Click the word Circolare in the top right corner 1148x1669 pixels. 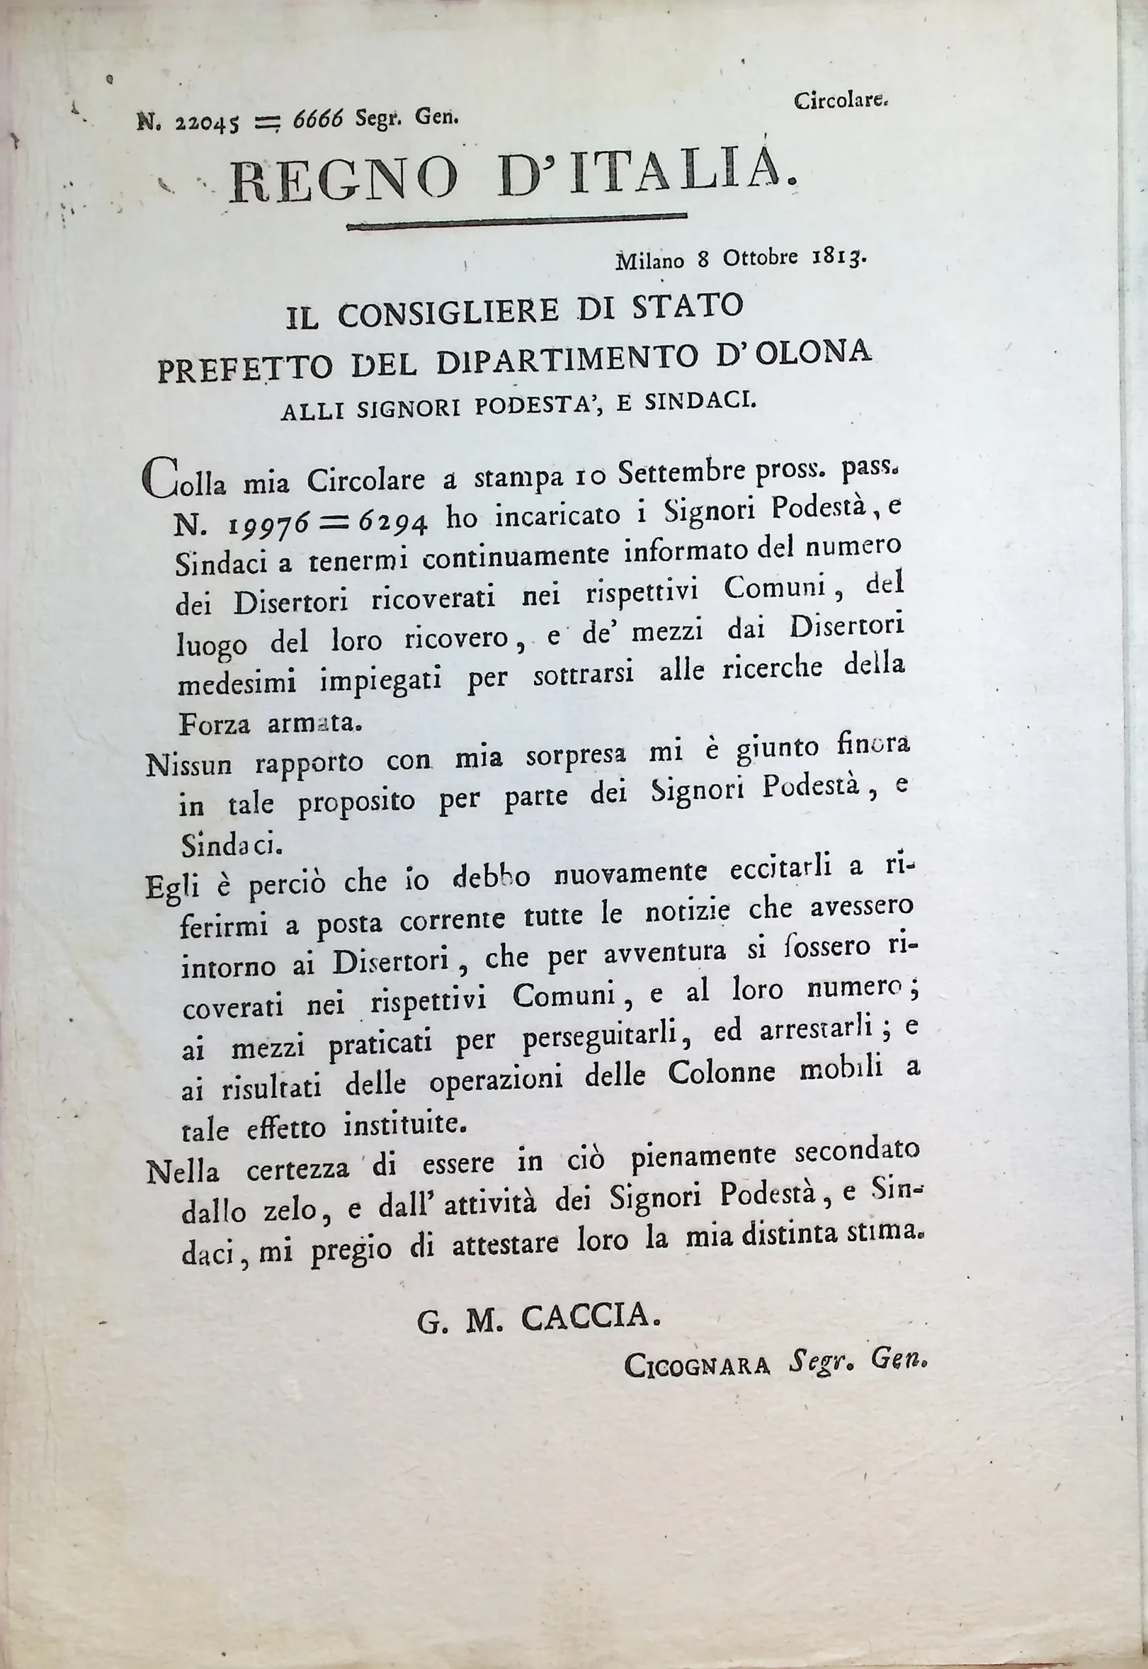[841, 102]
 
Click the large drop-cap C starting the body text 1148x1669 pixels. [158, 478]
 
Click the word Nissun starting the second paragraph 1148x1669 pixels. [188, 765]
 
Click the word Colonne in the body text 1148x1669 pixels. [722, 1073]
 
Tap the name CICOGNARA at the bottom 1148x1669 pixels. [697, 1365]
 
